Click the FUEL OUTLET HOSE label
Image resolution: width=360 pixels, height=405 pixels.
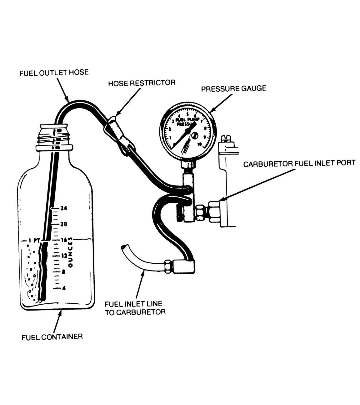coord(54,73)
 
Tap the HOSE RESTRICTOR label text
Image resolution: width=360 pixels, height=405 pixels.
coord(142,83)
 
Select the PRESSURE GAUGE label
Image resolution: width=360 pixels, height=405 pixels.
coord(233,89)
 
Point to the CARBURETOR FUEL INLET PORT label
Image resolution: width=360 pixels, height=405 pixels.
coord(299,163)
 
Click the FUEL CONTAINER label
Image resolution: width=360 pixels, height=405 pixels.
coord(52,337)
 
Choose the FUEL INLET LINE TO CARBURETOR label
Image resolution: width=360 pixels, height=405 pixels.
coord(135,308)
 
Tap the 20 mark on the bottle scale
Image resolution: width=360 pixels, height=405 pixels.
coord(64,224)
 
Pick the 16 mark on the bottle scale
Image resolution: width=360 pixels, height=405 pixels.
coord(64,240)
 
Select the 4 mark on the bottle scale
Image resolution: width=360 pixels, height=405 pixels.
coord(64,288)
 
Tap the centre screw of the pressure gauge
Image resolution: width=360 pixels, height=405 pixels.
coord(195,135)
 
